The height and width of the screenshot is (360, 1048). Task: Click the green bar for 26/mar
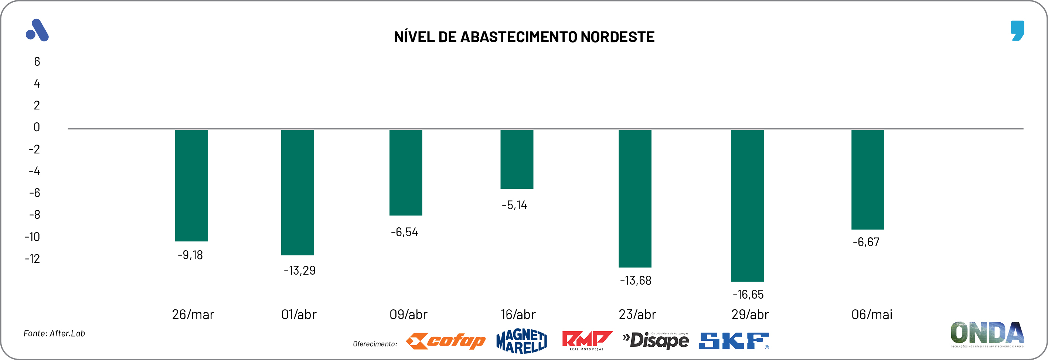(x=191, y=185)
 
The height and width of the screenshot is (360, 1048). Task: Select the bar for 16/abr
(x=517, y=159)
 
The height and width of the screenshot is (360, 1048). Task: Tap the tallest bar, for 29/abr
(x=747, y=206)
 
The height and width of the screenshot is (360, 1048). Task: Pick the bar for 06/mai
(x=868, y=179)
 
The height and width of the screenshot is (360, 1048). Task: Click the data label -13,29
(x=299, y=271)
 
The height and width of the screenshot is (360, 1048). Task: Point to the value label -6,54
(x=404, y=232)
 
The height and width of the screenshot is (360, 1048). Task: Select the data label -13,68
(x=636, y=281)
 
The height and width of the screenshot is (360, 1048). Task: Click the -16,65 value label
(x=748, y=295)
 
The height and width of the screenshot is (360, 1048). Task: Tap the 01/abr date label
(x=299, y=315)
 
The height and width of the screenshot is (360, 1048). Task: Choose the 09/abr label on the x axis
(x=408, y=315)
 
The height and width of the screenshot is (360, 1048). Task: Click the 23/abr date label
(x=637, y=315)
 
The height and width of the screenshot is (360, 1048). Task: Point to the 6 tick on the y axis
(x=37, y=62)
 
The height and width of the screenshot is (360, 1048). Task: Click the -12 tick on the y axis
(x=33, y=259)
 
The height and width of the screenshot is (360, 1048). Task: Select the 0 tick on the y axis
(x=37, y=127)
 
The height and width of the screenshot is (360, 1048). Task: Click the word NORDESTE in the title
(x=617, y=37)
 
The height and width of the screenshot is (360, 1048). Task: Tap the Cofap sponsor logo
(x=446, y=341)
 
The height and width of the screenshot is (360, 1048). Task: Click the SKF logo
(x=734, y=341)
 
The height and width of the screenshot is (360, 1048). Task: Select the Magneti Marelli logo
(x=521, y=341)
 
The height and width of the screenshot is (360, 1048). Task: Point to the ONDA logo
(x=987, y=333)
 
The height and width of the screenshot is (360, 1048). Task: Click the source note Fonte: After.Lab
(x=54, y=333)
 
